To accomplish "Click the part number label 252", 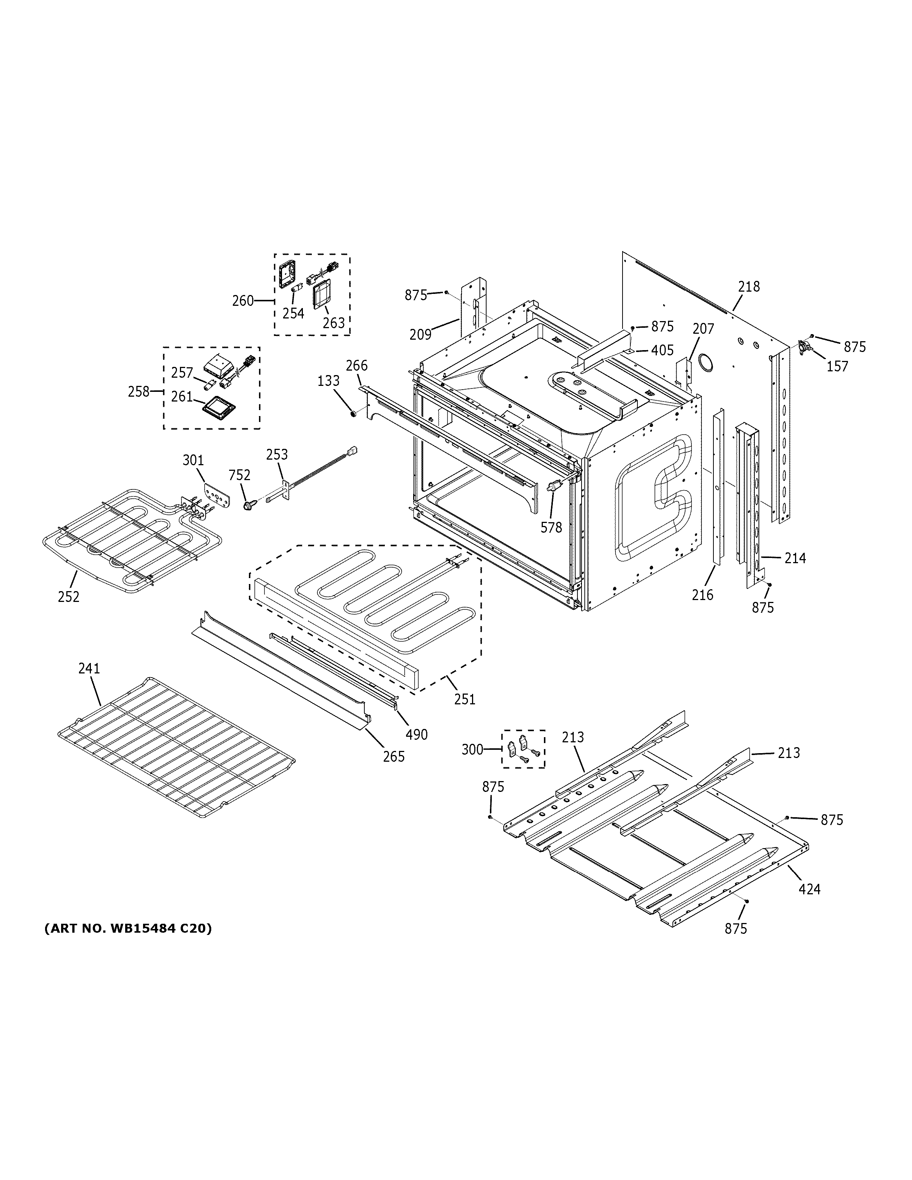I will click(69, 596).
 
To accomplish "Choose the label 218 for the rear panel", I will click(749, 286).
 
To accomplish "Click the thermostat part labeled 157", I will click(805, 346).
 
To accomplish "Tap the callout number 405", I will click(662, 350).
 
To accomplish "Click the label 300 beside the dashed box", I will click(472, 749).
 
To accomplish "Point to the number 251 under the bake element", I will click(465, 699).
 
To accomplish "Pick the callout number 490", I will click(417, 734).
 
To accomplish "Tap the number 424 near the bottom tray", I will click(809, 889).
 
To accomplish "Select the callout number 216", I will click(702, 595).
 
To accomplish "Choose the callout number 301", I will click(193, 460).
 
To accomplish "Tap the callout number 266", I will click(357, 365).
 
